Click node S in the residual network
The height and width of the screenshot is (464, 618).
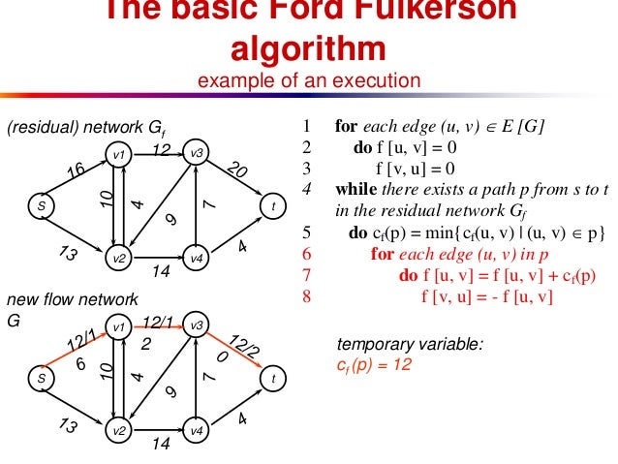(42, 205)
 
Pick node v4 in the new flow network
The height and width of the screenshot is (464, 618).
(196, 428)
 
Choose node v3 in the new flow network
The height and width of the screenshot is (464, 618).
(196, 325)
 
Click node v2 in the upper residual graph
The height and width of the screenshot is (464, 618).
(119, 259)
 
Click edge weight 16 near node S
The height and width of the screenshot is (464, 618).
(76, 171)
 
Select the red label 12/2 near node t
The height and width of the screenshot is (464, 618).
(243, 346)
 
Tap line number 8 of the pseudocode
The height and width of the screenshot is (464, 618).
(307, 296)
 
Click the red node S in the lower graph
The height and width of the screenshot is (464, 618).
(42, 379)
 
